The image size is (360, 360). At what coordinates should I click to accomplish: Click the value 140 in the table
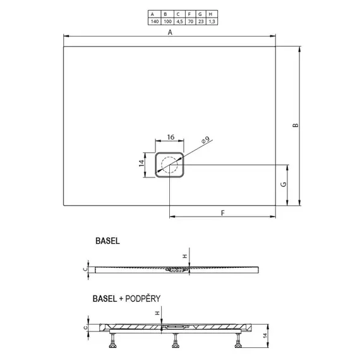(x=155, y=21)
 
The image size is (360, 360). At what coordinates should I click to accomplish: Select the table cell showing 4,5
(x=179, y=21)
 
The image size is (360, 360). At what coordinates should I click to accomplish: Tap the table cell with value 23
(x=201, y=21)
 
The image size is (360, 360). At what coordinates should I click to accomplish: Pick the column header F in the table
(x=189, y=15)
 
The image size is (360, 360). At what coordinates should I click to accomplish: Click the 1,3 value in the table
(x=212, y=21)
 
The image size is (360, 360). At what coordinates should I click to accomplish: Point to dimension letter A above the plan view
(x=170, y=32)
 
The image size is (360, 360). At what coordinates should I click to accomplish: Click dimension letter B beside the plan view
(x=296, y=125)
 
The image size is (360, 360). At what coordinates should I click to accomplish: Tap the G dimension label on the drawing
(x=284, y=184)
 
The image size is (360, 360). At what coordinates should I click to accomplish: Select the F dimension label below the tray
(x=223, y=213)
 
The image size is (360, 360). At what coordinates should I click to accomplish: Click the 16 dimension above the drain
(x=171, y=137)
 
